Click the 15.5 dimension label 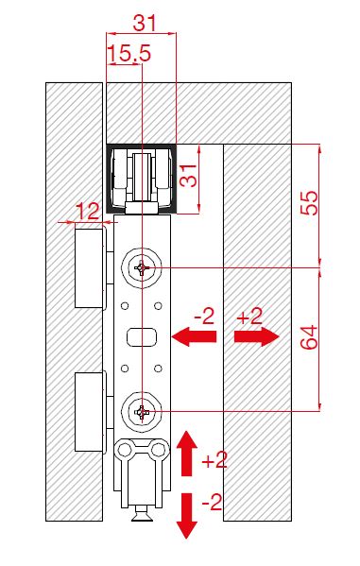click(x=129, y=53)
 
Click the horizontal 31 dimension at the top click(x=145, y=23)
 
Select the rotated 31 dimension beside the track click(x=188, y=175)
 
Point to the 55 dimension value click(x=309, y=202)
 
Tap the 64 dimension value click(x=309, y=337)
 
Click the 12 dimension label click(x=88, y=212)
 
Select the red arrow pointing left click(x=194, y=336)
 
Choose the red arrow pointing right click(x=257, y=336)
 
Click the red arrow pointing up click(x=186, y=453)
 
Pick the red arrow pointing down click(x=186, y=516)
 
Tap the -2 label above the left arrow click(x=204, y=317)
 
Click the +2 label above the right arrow click(x=249, y=317)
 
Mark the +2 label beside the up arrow click(x=214, y=460)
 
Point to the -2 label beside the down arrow click(x=212, y=502)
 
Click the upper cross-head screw click(x=142, y=267)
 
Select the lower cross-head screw click(x=142, y=411)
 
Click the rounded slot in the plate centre click(x=142, y=336)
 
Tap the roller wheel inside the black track click(x=142, y=177)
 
